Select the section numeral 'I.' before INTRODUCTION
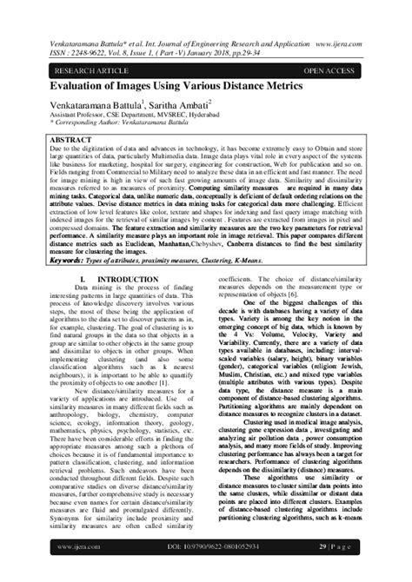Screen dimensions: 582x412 pos(96,254)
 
